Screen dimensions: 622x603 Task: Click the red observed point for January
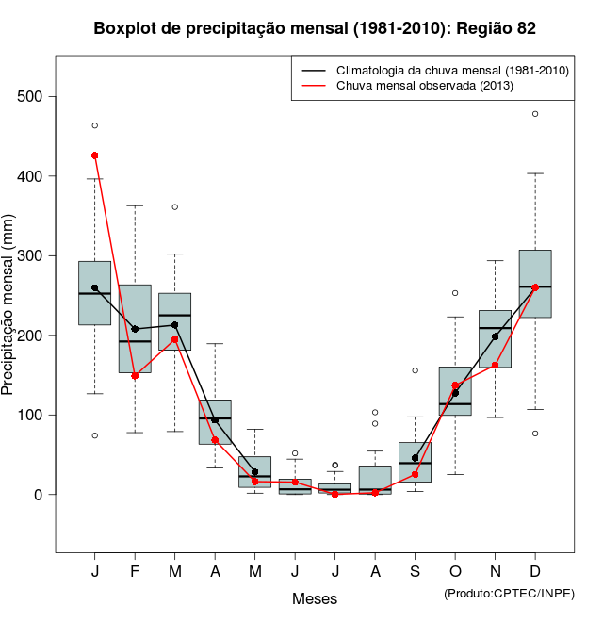(x=95, y=155)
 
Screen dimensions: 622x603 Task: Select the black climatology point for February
(x=135, y=329)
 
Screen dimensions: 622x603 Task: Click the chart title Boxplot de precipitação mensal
(x=315, y=29)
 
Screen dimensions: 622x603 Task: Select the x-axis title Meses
(x=315, y=599)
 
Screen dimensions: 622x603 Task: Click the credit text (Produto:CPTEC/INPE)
(x=509, y=593)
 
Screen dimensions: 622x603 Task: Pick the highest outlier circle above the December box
(x=535, y=114)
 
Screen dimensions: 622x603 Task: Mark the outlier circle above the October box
(x=455, y=293)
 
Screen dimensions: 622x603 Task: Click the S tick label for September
(x=416, y=572)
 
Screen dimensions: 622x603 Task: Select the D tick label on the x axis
(x=535, y=572)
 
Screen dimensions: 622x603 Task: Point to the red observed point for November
(x=496, y=365)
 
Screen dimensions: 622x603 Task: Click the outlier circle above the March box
(x=175, y=206)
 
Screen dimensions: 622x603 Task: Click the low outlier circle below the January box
(x=95, y=435)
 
